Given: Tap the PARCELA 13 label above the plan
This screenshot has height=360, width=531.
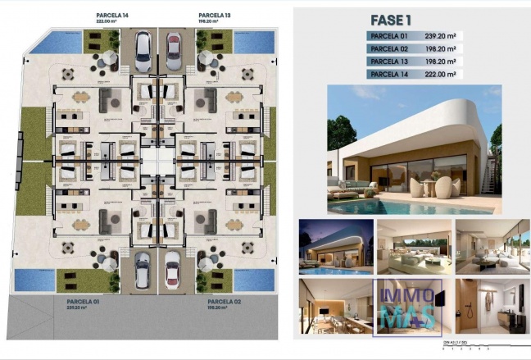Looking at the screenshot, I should [x=214, y=15].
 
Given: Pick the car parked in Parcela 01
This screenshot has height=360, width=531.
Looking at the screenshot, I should [x=143, y=267].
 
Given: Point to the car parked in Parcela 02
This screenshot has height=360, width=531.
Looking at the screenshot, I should [x=173, y=267].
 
